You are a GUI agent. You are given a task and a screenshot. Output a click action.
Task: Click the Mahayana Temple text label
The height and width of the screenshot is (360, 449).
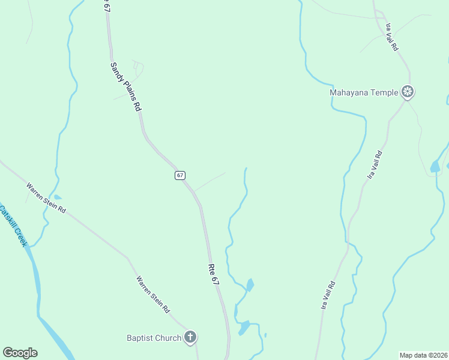click(364, 92)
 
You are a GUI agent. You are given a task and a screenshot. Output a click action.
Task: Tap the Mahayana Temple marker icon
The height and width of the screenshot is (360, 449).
click(408, 92)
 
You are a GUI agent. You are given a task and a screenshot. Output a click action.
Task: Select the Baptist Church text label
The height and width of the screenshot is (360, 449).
click(154, 338)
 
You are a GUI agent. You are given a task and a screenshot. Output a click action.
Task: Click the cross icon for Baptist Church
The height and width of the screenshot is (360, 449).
click(190, 337)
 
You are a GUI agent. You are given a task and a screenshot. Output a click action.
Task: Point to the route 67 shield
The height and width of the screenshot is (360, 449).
click(180, 175)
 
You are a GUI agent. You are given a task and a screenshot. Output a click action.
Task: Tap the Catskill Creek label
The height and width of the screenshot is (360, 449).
click(14, 227)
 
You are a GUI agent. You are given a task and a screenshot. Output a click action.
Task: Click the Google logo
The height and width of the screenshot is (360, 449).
click(20, 353)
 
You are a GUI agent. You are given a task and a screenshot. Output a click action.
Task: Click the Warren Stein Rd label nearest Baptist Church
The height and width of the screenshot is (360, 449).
click(152, 295)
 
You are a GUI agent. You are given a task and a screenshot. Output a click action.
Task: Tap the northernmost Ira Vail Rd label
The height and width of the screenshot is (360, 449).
click(393, 37)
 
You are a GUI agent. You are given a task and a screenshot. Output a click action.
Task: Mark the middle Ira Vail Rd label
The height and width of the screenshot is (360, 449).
click(375, 164)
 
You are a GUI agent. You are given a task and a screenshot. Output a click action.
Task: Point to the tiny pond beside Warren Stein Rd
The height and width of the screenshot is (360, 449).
click(58, 197)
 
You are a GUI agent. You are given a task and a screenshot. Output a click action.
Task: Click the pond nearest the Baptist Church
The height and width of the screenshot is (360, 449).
click(244, 328)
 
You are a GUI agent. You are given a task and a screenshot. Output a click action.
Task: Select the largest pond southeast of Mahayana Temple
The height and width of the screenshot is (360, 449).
click(435, 166)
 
